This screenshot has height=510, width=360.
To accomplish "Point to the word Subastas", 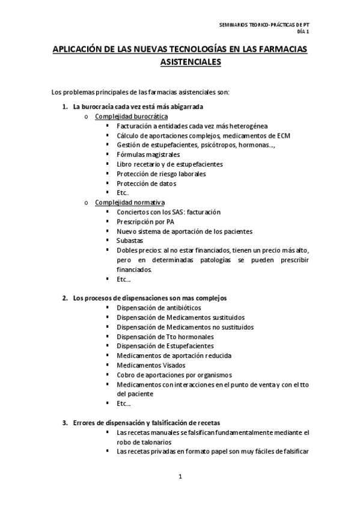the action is point(130,241).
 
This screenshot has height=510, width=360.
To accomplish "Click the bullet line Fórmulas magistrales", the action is point(148,155).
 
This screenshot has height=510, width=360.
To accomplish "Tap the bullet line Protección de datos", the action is point(146,183).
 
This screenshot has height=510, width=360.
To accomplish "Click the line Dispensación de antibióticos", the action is point(155,307).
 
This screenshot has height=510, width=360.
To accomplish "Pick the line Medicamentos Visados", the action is point(151,364).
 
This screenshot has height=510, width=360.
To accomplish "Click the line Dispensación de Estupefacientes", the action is point(165,346).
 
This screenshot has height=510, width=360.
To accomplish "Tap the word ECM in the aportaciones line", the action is point(283,135).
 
